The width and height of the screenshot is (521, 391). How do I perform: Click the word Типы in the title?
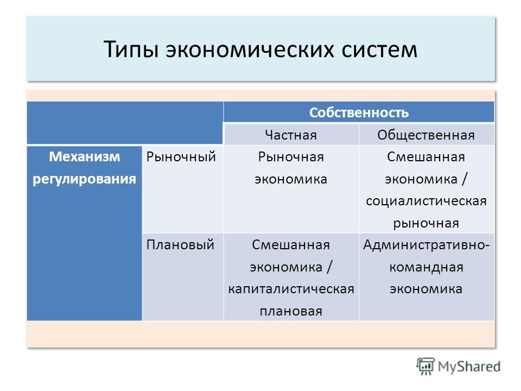(x=131, y=50)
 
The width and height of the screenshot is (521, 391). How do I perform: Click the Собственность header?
(x=359, y=113)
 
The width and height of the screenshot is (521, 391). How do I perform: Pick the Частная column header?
(x=291, y=135)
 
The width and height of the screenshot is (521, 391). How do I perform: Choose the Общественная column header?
(x=426, y=135)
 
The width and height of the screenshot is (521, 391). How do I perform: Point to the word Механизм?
(x=85, y=156)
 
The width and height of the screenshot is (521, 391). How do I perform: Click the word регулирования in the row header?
(x=85, y=179)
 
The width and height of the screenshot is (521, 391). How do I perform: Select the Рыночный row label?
(x=181, y=156)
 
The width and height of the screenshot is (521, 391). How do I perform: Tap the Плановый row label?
(x=180, y=245)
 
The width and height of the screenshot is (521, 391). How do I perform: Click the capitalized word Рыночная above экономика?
(x=291, y=156)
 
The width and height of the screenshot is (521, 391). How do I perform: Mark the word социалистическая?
(x=426, y=201)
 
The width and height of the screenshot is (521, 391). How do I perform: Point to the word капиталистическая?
(x=291, y=289)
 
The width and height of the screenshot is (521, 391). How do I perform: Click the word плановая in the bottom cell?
(x=291, y=311)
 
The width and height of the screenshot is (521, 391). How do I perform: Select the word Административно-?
(x=426, y=245)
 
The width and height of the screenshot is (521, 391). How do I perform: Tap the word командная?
(x=426, y=267)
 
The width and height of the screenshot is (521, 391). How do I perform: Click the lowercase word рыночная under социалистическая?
(x=426, y=223)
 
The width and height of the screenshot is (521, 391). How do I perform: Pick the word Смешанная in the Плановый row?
(x=291, y=245)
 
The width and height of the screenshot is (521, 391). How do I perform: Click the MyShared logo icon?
(x=425, y=366)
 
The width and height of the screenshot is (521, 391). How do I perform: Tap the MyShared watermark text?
(x=469, y=367)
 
